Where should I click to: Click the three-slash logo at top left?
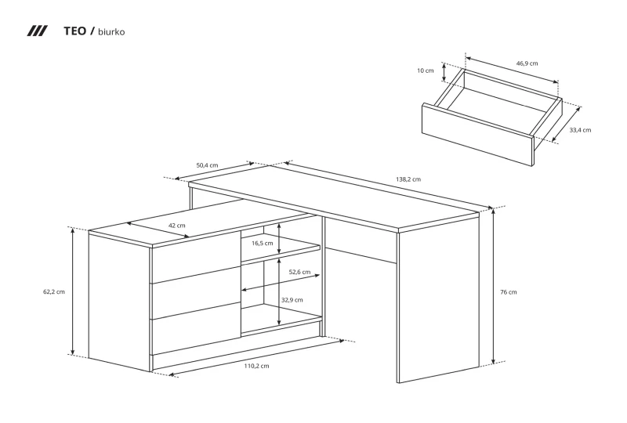click(x=37, y=31)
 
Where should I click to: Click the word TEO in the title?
click(x=74, y=31)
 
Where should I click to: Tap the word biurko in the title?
click(x=111, y=32)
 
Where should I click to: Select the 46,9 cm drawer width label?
click(x=527, y=63)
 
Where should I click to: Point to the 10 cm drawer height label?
click(x=425, y=70)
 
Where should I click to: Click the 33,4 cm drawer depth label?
click(x=580, y=130)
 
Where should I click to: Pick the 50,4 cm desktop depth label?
click(x=207, y=165)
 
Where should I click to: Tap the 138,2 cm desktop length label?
click(x=408, y=179)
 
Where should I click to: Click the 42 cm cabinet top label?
click(x=177, y=226)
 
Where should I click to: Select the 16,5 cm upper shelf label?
click(x=263, y=243)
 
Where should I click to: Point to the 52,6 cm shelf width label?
click(x=299, y=272)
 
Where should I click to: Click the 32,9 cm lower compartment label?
click(x=292, y=300)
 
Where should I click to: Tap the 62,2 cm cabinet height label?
click(x=54, y=292)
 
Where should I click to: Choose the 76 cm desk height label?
click(x=508, y=292)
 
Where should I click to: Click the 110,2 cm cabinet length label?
click(x=257, y=366)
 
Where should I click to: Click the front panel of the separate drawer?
click(x=478, y=134)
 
